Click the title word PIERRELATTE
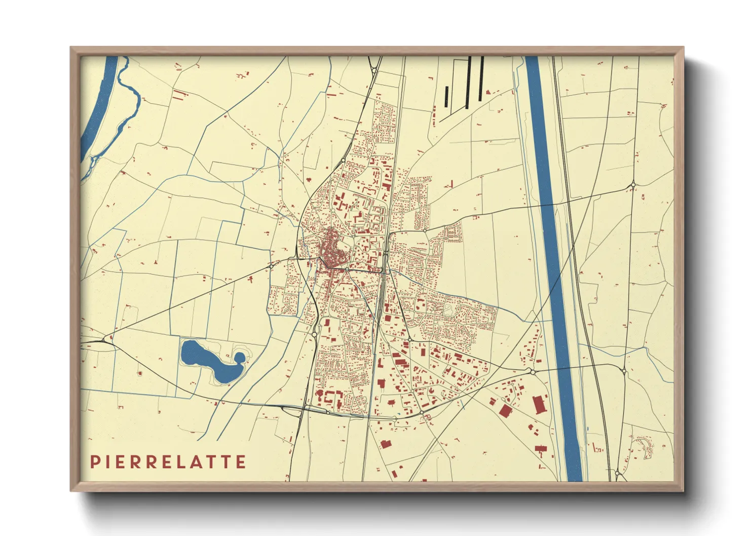tap(168, 462)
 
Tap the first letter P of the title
tap(94, 462)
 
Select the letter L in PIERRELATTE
tap(188, 462)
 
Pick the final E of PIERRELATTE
tap(241, 462)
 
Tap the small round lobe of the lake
tap(239, 358)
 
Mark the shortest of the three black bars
tap(446, 96)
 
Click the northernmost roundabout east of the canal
tap(633, 185)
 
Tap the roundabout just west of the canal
tap(533, 371)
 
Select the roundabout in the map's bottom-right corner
tap(617, 473)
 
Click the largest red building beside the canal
tap(539, 405)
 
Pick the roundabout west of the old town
tap(272, 264)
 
